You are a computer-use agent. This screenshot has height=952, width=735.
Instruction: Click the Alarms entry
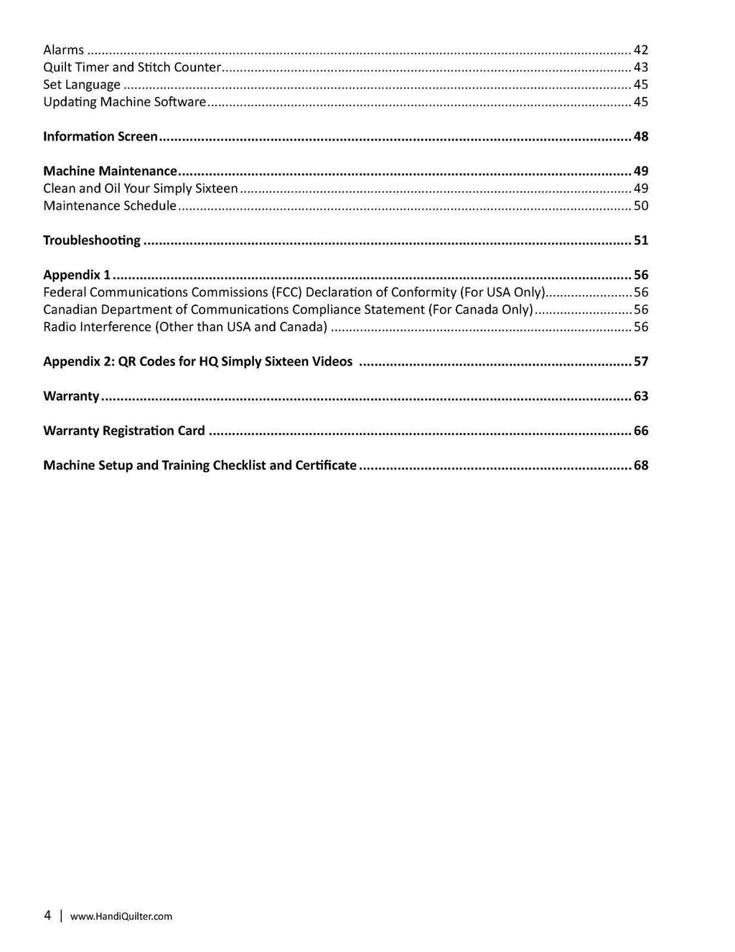coord(63,50)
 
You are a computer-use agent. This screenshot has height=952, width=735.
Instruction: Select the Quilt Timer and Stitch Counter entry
coord(132,67)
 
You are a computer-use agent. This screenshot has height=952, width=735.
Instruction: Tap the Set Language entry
coord(82,85)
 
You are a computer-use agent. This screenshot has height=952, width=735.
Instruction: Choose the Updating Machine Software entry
coord(125,102)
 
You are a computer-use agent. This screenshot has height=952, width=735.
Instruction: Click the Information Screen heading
coord(100,136)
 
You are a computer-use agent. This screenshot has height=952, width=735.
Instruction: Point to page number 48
coord(641,136)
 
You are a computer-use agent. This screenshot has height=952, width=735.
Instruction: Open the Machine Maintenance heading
coord(110,171)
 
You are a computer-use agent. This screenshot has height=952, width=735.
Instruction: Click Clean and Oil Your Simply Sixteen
coord(141,188)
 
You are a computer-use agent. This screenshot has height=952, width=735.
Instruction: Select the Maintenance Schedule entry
coord(110,205)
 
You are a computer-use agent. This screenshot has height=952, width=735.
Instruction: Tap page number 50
coord(641,205)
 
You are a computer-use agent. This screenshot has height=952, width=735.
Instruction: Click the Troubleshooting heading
coord(92,240)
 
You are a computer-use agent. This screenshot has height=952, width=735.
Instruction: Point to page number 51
coord(641,240)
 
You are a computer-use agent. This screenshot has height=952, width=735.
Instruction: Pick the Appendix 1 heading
coord(77,275)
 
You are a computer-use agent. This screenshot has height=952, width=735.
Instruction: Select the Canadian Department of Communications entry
coord(288,309)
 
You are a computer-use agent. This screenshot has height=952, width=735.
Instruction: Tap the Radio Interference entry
coord(185,327)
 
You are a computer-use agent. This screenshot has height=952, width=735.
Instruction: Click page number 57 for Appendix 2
coord(641,361)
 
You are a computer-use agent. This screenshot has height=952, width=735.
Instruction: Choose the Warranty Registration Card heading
coord(124,431)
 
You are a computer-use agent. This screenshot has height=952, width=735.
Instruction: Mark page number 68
coord(641,465)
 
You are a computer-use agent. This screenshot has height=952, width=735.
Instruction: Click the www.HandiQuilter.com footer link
coord(121,916)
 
